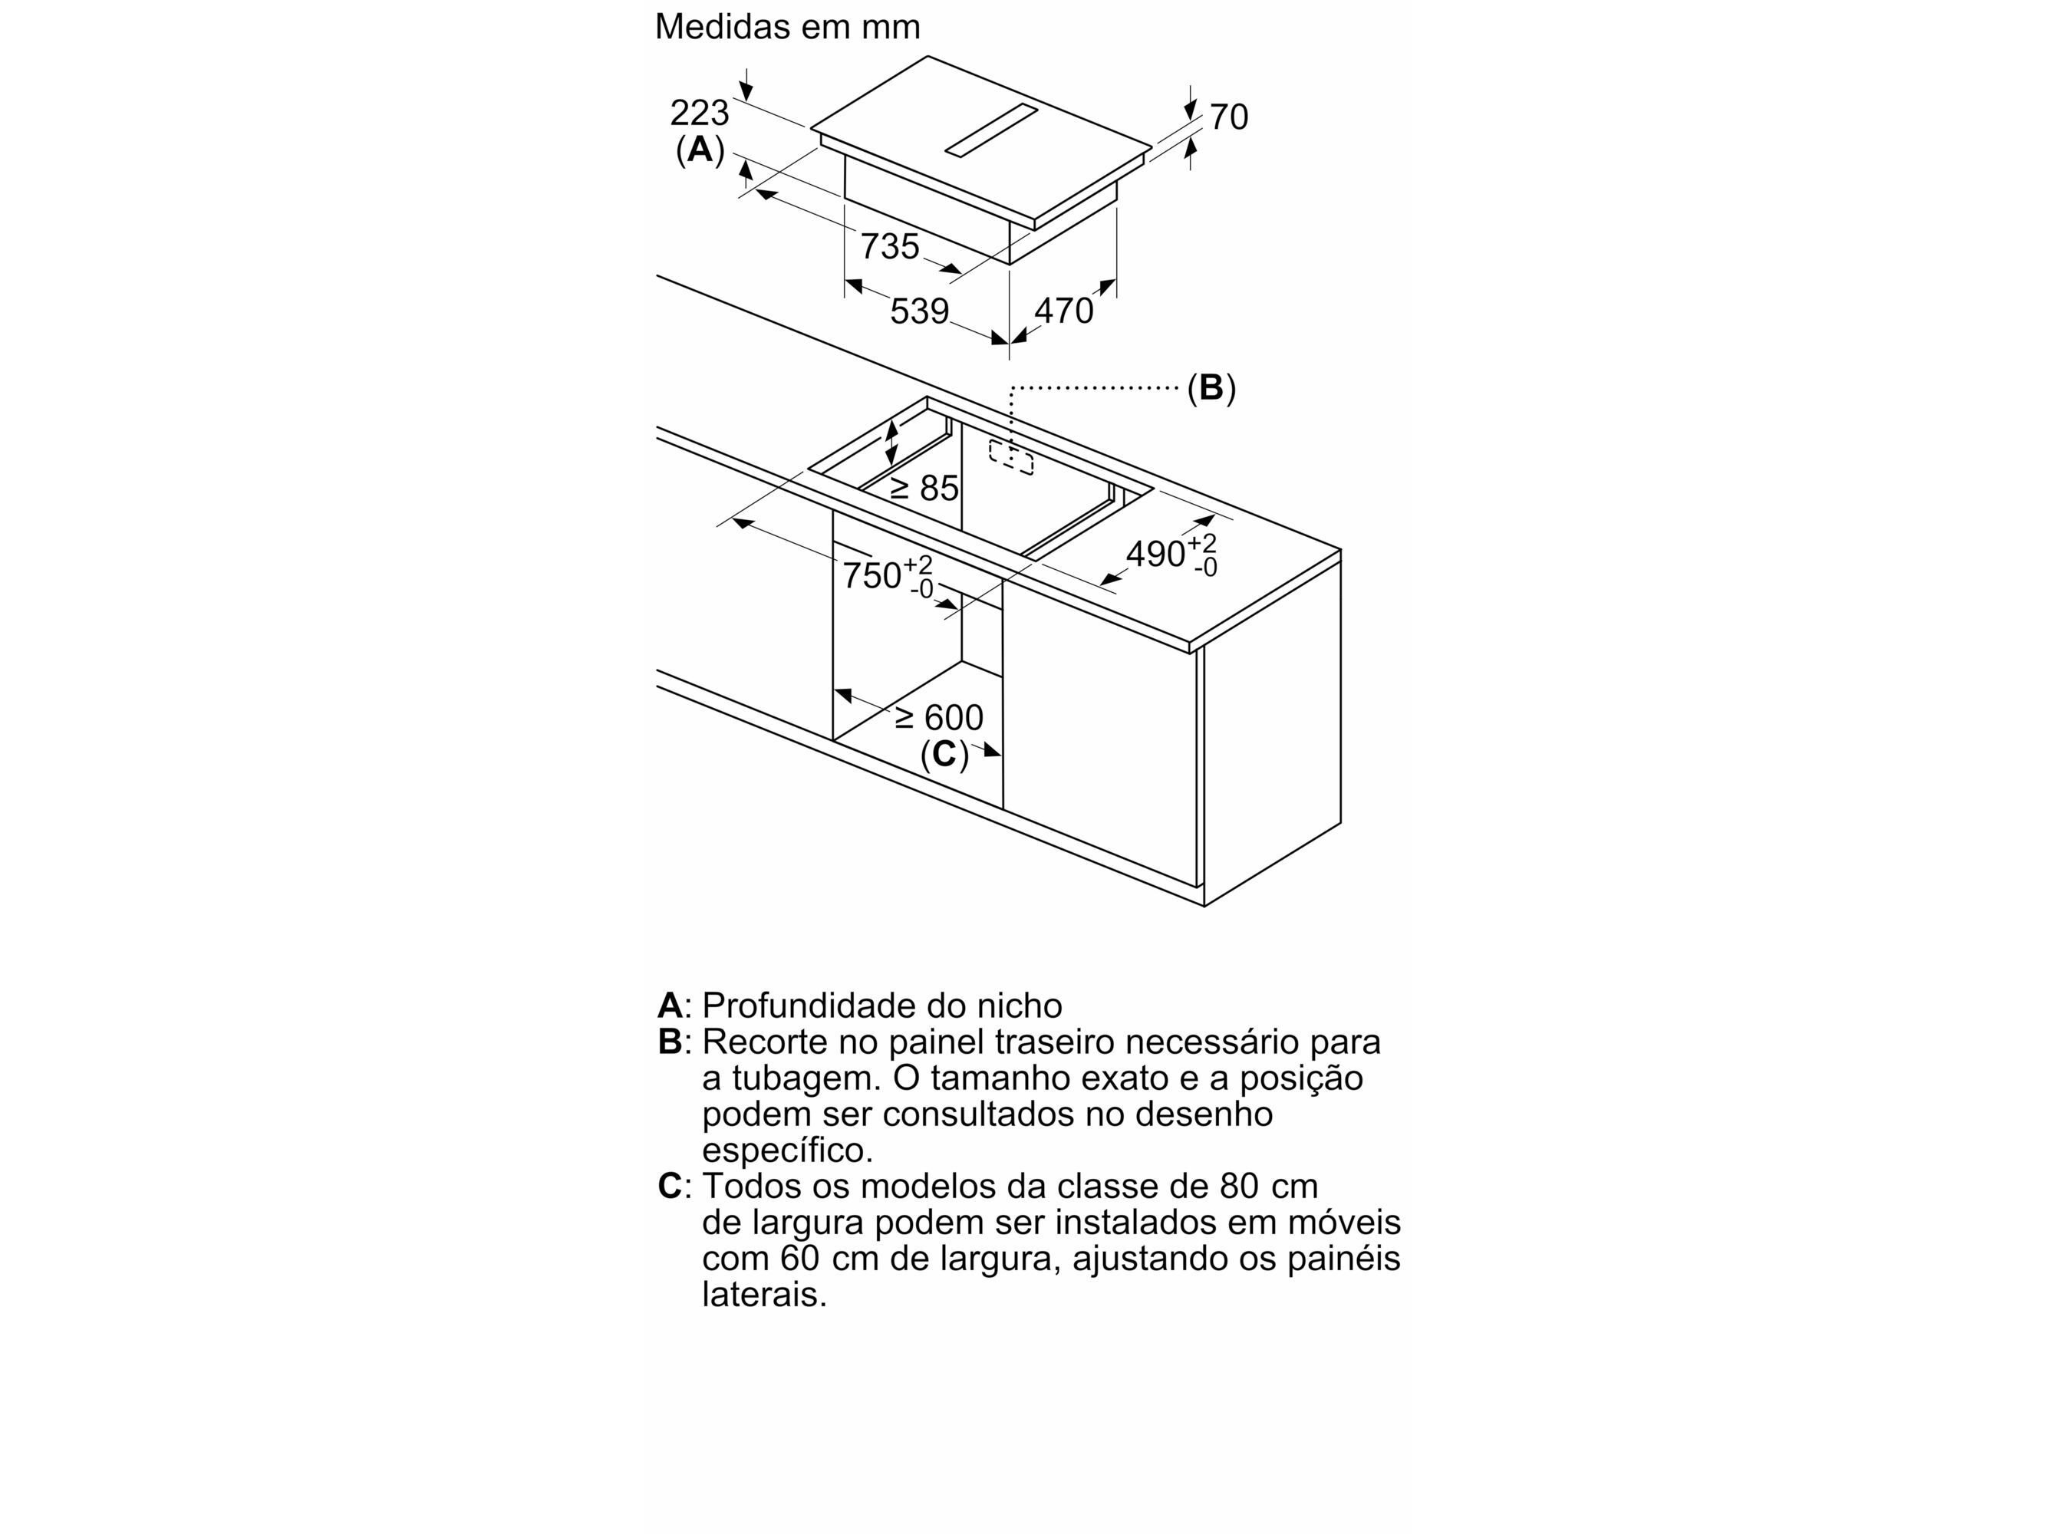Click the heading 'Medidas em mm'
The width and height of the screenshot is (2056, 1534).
pyautogui.click(x=787, y=26)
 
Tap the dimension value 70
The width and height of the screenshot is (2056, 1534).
pyautogui.click(x=1228, y=117)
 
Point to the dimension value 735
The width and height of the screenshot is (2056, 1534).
pyautogui.click(x=890, y=246)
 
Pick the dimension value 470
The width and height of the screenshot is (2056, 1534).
pyautogui.click(x=1063, y=310)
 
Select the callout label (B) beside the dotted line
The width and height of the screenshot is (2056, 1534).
pyautogui.click(x=1211, y=387)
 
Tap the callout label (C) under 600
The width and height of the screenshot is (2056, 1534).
pyautogui.click(x=944, y=754)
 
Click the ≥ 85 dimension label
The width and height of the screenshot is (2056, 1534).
pyautogui.click(x=924, y=488)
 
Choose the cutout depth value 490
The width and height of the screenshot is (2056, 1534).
pyautogui.click(x=1155, y=555)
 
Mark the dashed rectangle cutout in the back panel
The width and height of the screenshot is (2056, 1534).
pyautogui.click(x=1011, y=457)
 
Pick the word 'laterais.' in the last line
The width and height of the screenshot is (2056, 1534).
pyautogui.click(x=764, y=1295)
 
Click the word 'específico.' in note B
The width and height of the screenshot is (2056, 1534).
pyautogui.click(x=787, y=1150)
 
